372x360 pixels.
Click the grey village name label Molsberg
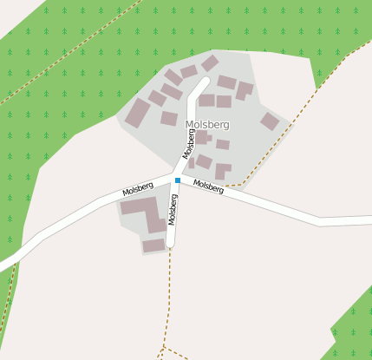pos(207,125)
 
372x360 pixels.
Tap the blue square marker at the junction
pos(178,180)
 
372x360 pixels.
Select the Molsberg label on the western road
pos(138,188)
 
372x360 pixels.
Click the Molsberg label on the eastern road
pos(208,186)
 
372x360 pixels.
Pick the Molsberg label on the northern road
pos(190,143)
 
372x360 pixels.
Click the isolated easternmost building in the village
pos(270,121)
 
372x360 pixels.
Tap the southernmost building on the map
pos(153,245)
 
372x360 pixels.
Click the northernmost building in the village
pos(210,63)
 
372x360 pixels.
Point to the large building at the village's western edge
pos(138,113)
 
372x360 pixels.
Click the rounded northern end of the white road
pos(206,82)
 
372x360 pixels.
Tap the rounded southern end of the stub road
pos(170,244)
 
